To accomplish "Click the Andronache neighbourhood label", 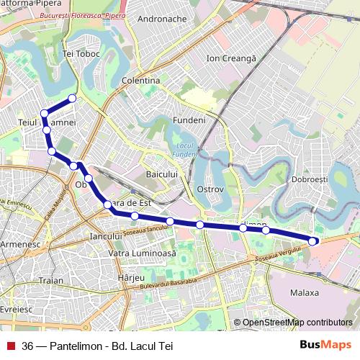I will (161, 19).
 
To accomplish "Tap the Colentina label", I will (141, 81).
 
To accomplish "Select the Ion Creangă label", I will (231, 58).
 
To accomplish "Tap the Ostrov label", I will (210, 189).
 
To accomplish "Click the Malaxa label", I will (304, 293).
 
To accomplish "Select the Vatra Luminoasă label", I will (141, 254).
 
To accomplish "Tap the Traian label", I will (51, 280).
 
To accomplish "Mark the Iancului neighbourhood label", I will (104, 235).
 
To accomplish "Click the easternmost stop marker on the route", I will (313, 240).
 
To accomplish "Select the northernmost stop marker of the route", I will (72, 98).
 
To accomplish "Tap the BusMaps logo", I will (325, 346).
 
